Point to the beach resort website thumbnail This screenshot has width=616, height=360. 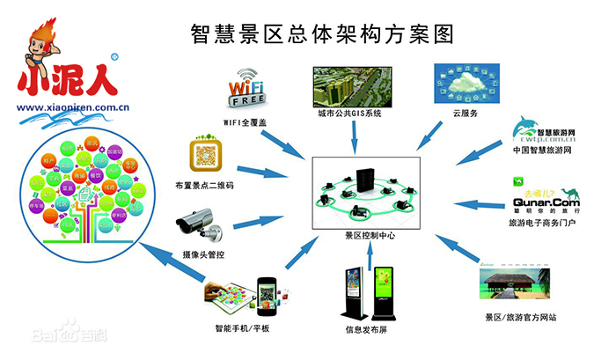(520, 283)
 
